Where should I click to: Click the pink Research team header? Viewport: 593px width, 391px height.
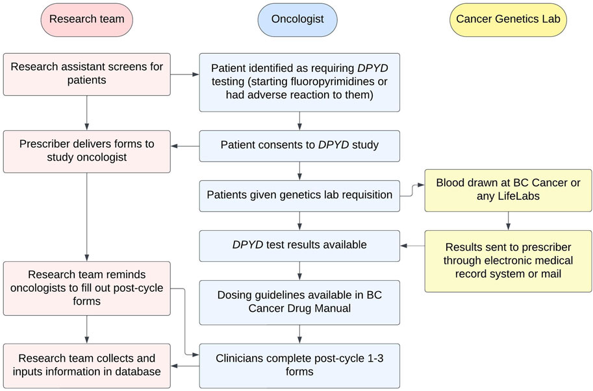tap(86, 19)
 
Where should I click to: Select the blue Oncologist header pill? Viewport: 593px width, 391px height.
tap(299, 19)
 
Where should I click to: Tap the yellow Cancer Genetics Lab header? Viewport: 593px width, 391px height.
tap(509, 19)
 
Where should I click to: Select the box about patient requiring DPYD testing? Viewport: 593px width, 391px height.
tap(299, 83)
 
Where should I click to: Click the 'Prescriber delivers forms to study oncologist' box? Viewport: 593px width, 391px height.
tap(86, 152)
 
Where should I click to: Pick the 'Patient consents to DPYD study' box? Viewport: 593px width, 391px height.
tap(299, 146)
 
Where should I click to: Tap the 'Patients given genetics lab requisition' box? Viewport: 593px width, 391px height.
tap(299, 195)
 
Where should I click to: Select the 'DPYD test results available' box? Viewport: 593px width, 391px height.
tap(299, 245)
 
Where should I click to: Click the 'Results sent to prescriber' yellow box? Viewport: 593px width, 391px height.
tap(509, 261)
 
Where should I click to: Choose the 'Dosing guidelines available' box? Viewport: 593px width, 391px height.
tap(299, 302)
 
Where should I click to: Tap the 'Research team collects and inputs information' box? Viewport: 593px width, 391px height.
tap(86, 366)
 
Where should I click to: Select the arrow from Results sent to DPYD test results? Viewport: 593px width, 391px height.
tap(412, 246)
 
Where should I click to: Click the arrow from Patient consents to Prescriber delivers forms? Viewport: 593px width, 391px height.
tap(185, 146)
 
